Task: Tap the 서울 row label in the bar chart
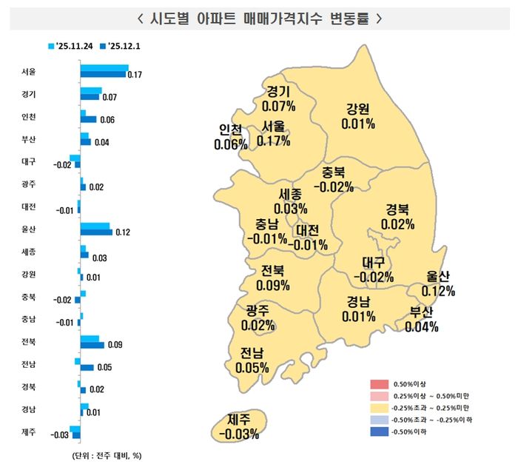point(29,72)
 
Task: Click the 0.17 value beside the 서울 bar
point(135,75)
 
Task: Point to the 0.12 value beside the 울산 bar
point(123,232)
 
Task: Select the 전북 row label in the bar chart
point(29,342)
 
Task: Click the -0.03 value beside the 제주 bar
point(59,435)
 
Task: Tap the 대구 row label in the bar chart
point(29,160)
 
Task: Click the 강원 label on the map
point(357,110)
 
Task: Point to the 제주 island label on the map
point(239,420)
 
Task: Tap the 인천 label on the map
point(230,130)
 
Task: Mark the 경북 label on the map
point(398,209)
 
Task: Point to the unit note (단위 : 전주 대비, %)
point(108,454)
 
